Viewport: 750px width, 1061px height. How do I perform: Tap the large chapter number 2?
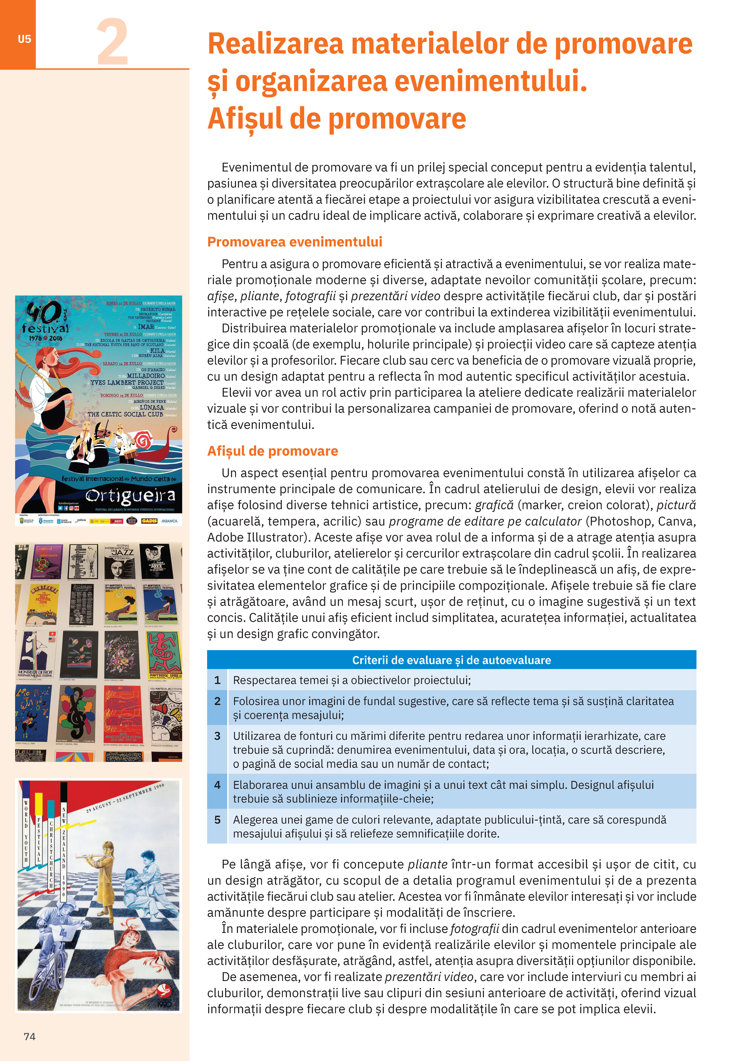(112, 42)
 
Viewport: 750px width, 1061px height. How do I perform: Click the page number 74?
(30, 1037)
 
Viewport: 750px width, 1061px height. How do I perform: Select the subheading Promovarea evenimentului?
(294, 242)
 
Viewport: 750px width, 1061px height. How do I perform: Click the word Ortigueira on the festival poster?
(130, 495)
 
